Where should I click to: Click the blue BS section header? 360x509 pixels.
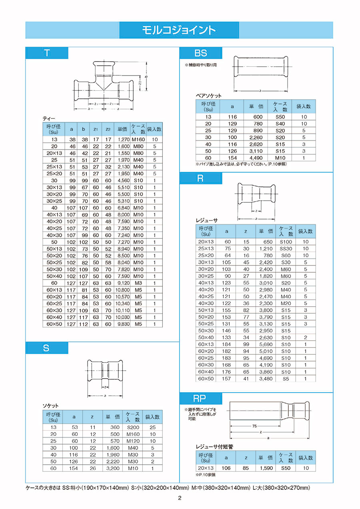click(200, 53)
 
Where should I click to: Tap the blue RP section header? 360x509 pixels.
click(200, 398)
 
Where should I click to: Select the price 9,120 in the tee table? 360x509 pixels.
click(122, 283)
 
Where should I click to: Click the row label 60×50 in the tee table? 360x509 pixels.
click(54, 324)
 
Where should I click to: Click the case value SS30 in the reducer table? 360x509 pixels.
click(286, 249)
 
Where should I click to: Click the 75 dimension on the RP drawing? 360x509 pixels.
click(254, 426)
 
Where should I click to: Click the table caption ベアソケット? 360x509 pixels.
click(208, 96)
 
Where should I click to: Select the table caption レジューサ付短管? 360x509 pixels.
click(214, 447)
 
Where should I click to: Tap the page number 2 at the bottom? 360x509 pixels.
click(180, 498)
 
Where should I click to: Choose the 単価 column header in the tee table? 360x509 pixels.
click(122, 129)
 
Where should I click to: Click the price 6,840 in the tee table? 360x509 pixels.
click(122, 208)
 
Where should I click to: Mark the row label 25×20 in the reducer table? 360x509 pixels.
click(206, 255)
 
